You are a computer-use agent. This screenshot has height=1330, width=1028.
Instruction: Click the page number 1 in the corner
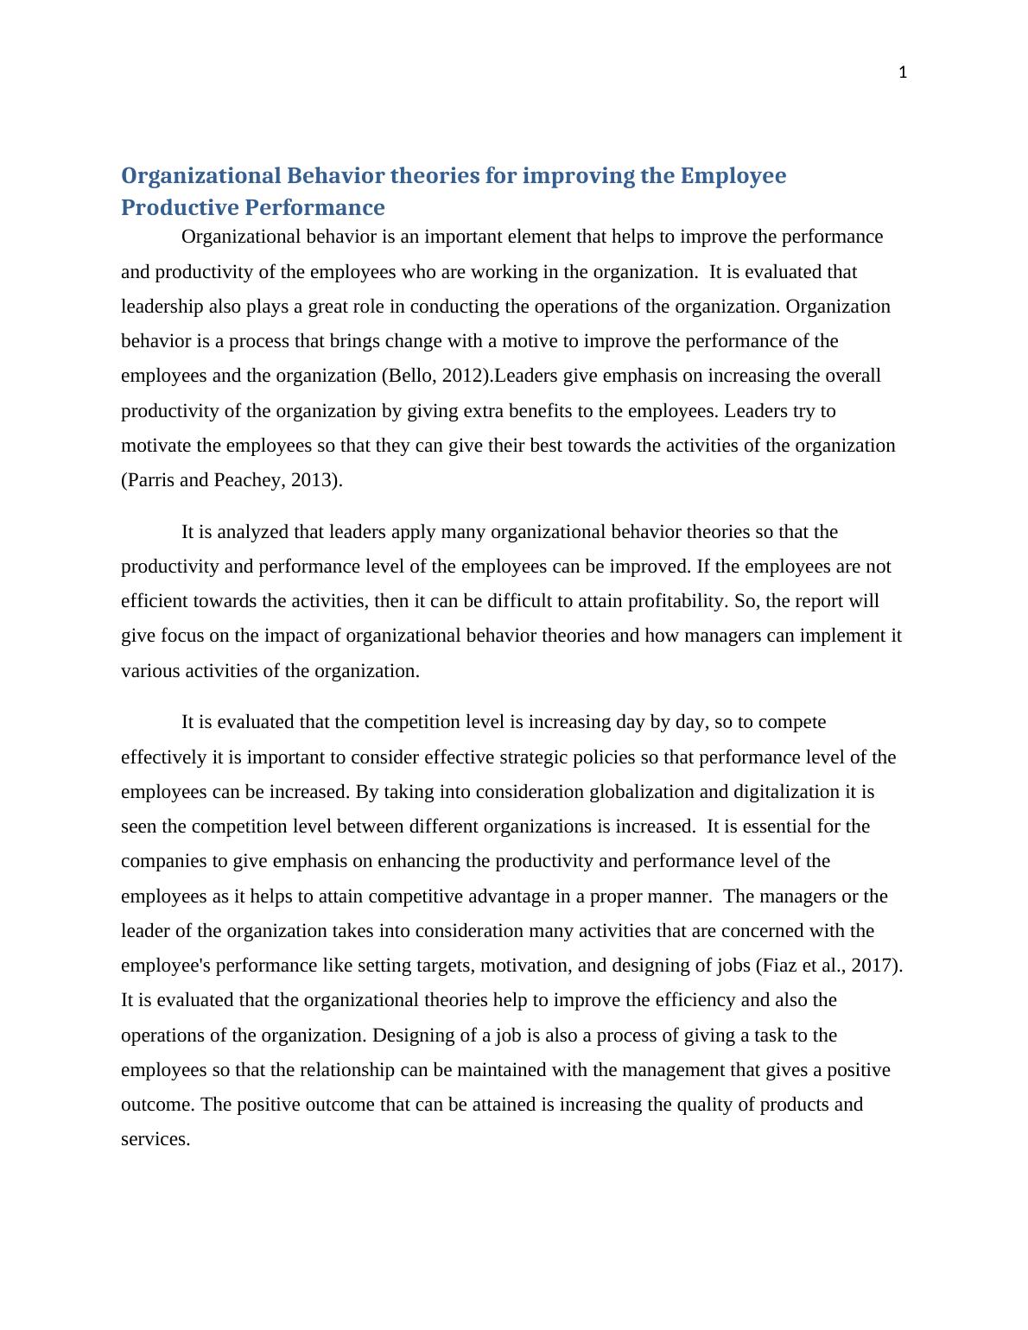(903, 73)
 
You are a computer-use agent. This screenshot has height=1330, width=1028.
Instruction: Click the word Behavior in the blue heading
(335, 176)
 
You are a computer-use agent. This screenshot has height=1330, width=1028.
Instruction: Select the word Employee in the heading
(733, 176)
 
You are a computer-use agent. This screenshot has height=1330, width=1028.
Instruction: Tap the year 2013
(312, 480)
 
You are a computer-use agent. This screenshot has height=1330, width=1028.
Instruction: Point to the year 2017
(874, 966)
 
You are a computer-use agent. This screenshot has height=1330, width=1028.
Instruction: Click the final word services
(155, 1139)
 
